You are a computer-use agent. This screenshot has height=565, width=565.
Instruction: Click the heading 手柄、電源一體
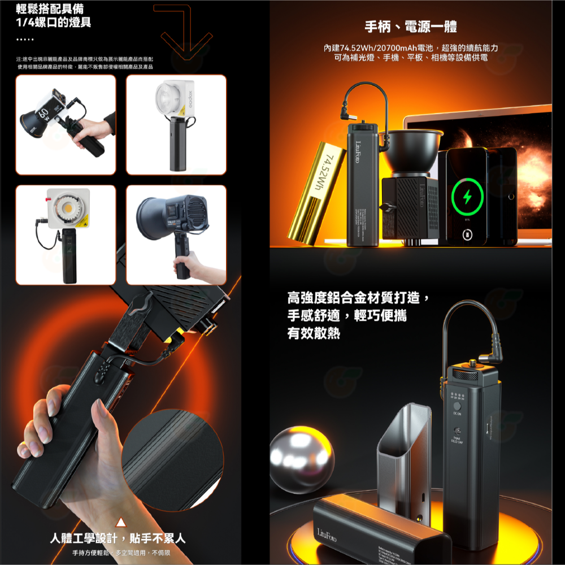(411, 27)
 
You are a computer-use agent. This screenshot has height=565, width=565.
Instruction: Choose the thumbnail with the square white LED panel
(66, 234)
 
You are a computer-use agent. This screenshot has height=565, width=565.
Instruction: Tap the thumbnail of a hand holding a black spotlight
(176, 234)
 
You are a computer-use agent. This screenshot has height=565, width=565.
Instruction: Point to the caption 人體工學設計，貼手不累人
(118, 538)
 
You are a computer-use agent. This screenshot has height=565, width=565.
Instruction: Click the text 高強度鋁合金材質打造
(360, 297)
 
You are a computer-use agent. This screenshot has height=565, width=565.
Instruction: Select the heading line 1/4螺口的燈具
(54, 22)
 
